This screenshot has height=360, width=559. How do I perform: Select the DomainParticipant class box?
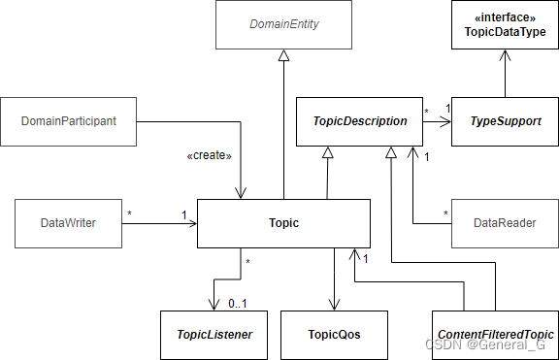coord(70,121)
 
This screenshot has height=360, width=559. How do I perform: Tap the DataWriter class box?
coord(70,223)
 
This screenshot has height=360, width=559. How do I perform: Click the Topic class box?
coord(283,223)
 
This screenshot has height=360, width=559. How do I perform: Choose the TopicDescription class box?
coord(358,121)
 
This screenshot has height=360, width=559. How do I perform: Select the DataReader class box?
coord(505,223)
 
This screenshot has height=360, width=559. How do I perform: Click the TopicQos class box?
coord(334,334)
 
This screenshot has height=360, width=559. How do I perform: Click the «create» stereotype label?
coord(210,153)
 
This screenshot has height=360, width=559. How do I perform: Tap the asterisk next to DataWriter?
coord(130,212)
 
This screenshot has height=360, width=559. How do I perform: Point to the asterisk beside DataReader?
coord(445,213)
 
